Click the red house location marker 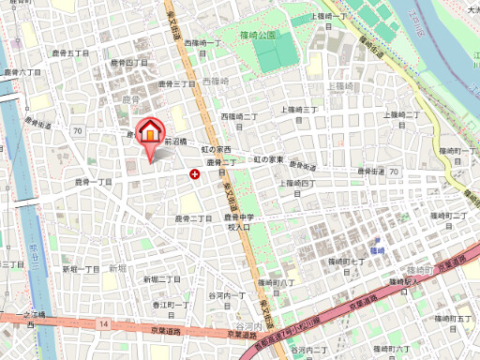tap(149, 133)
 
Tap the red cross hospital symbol tap(194, 173)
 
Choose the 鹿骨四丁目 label tap(129, 62)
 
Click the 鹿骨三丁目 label tap(175, 83)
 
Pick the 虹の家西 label tap(217, 149)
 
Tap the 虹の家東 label tap(268, 159)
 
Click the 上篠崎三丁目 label tap(301, 109)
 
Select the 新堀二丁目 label tap(161, 279)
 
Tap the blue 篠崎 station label tap(376, 251)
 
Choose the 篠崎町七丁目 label tap(346, 261)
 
